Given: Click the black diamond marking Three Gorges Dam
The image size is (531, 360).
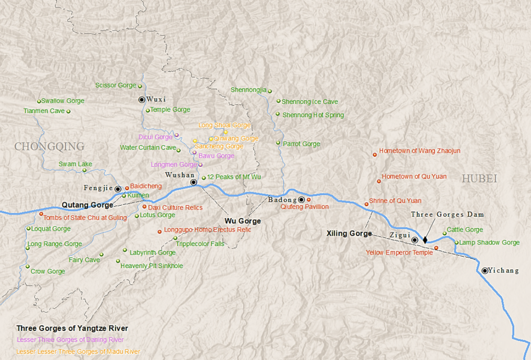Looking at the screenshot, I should coord(425,240).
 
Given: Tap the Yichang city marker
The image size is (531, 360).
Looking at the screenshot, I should coord(485,271).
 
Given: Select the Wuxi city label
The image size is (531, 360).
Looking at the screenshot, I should coord(157,100).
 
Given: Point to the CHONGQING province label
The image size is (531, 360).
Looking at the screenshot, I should coord(49,147).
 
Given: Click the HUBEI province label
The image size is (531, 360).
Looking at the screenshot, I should coord(480,179).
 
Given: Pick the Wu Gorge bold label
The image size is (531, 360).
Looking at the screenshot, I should coord(243,221).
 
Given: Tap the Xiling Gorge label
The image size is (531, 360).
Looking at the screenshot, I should coord(349,234).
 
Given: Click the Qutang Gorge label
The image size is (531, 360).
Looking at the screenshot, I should coord(87,205).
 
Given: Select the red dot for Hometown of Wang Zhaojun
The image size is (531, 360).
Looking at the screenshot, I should coord(374,154).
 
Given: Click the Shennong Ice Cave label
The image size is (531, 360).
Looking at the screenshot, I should coord(309,102).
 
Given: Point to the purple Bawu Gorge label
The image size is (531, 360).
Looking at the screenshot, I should coord(216,156).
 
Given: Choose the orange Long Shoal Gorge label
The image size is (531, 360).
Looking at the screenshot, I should coord(225,125).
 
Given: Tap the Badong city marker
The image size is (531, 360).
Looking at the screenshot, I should coord(301,199).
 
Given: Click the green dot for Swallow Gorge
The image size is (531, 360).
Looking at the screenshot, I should coord(39,101).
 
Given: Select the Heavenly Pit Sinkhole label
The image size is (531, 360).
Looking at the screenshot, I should coord(151,266).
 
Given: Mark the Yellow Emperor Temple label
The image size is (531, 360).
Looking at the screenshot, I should coord(399,253).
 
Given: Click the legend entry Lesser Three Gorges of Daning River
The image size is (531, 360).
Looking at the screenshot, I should coord(70,340).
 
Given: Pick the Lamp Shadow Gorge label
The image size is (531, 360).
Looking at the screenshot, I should coord(489,242).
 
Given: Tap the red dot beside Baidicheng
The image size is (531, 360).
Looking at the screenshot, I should coord(127,188).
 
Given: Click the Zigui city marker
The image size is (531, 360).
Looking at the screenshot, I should coord(415,240).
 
